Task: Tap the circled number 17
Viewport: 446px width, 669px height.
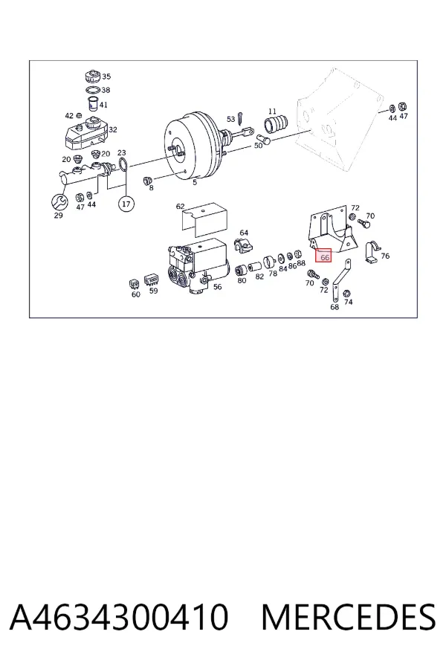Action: click(x=126, y=204)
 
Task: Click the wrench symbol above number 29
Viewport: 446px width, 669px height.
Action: click(x=58, y=201)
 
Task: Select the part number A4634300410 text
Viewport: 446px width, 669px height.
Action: click(x=119, y=616)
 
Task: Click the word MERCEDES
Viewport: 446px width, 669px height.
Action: click(x=349, y=616)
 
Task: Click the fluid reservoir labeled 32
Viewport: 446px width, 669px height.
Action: click(x=86, y=132)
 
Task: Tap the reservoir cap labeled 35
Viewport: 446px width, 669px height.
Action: click(x=93, y=77)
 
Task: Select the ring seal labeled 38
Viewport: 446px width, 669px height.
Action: click(x=92, y=90)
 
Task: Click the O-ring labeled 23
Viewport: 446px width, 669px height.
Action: click(x=123, y=164)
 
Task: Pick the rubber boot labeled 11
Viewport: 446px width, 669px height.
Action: click(x=276, y=121)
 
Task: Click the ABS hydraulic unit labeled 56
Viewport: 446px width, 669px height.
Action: click(x=198, y=266)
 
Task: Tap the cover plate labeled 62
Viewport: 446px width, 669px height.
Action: click(x=204, y=220)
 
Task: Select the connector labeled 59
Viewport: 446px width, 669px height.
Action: click(x=151, y=280)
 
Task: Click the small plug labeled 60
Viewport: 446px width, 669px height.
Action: click(x=134, y=284)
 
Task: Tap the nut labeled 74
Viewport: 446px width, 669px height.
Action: click(x=347, y=293)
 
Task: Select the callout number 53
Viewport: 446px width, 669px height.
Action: click(x=230, y=119)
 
